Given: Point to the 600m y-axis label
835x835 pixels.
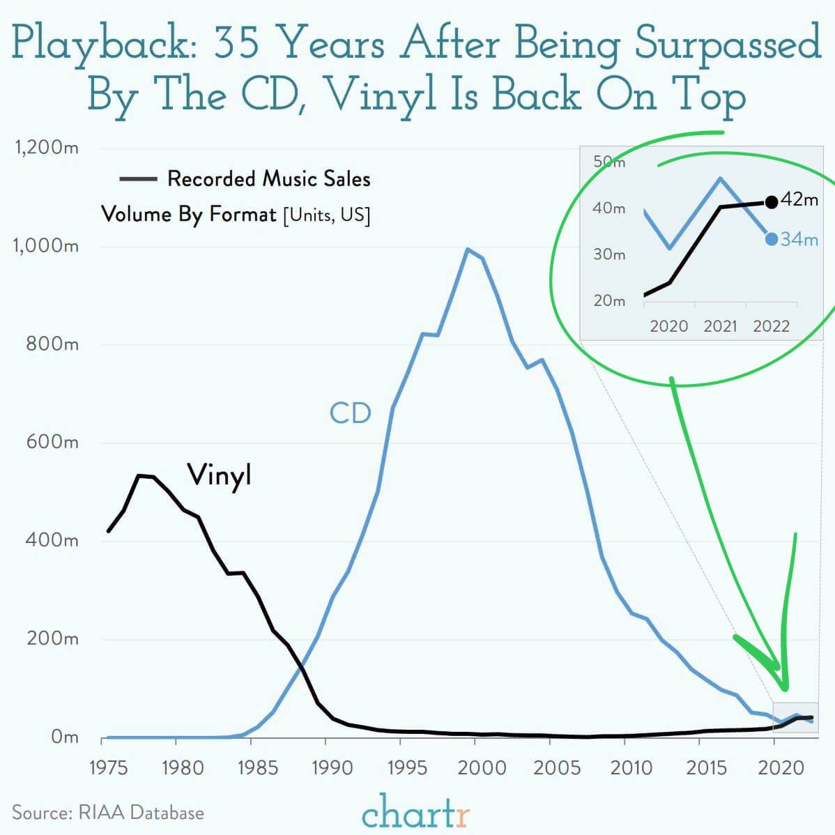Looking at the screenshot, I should click(53, 442).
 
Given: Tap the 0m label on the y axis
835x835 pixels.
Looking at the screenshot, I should click(64, 737).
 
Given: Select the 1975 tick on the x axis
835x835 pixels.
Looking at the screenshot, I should click(108, 767).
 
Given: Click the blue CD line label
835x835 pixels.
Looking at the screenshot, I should click(350, 413).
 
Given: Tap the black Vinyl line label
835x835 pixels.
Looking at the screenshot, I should click(219, 475).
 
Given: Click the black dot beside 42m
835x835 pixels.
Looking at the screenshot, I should click(771, 202).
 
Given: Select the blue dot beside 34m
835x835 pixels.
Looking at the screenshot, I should click(771, 239).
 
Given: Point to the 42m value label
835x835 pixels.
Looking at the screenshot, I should click(799, 199).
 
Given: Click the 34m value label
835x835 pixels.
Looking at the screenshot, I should click(799, 240).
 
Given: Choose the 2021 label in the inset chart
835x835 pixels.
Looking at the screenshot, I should click(720, 326).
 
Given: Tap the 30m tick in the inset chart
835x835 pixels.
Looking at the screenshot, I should click(609, 254).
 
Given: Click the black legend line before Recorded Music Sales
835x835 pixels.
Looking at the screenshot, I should click(137, 180).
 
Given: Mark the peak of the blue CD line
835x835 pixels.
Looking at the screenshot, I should click(467, 249).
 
